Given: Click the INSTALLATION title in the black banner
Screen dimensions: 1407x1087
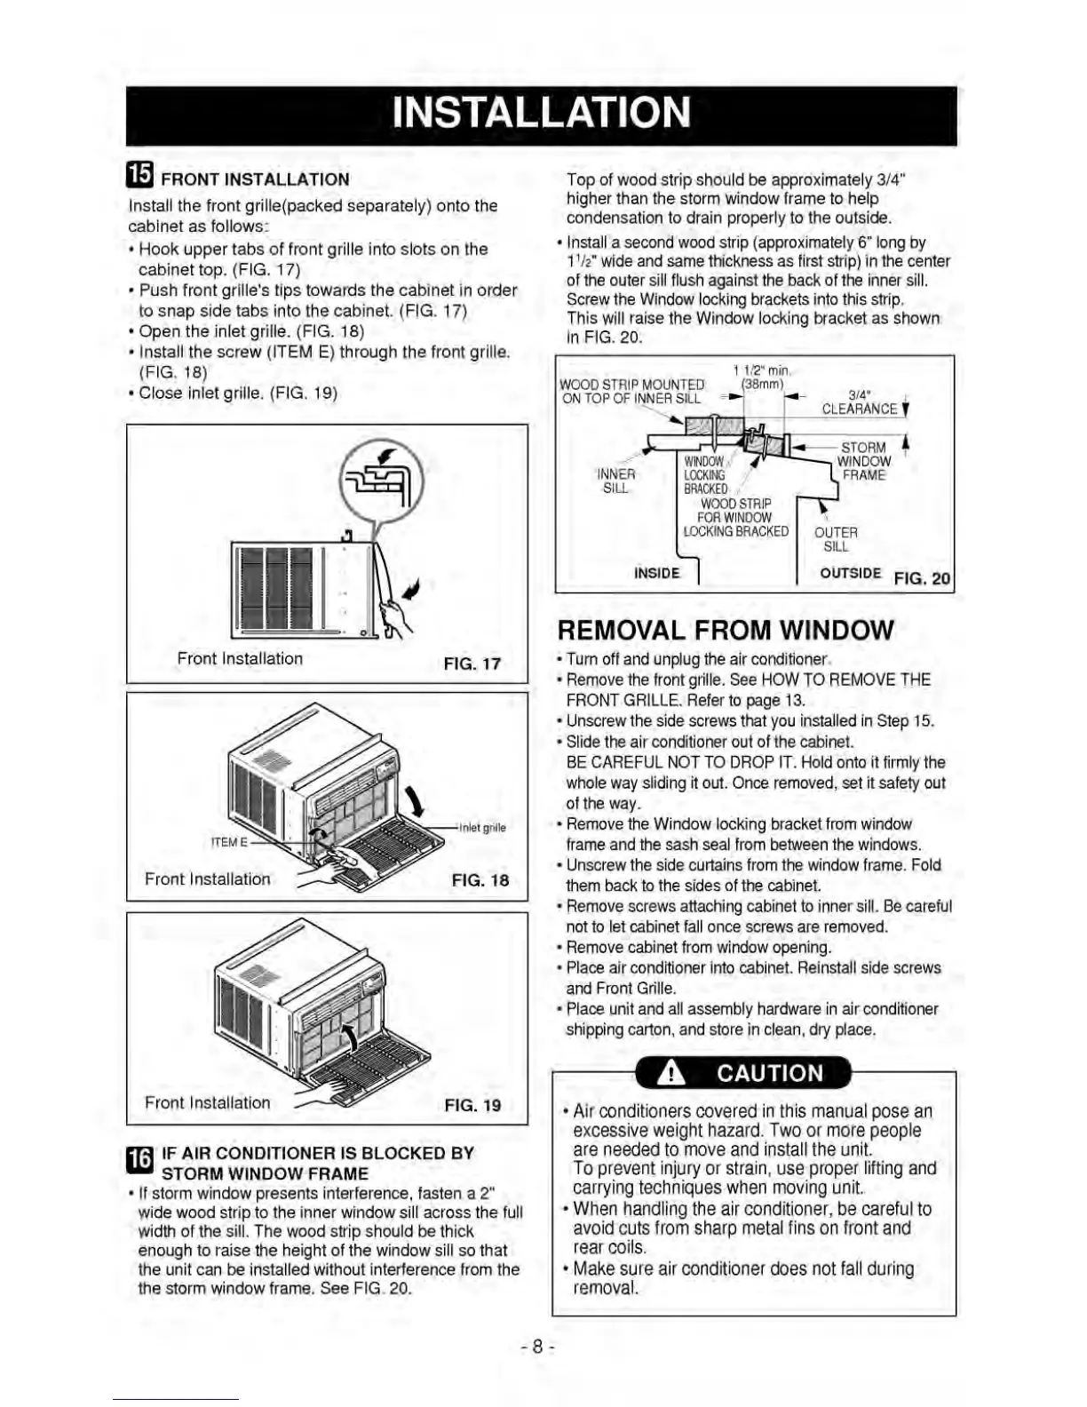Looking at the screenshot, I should (541, 113).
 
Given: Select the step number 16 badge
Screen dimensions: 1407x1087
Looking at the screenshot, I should (140, 1160).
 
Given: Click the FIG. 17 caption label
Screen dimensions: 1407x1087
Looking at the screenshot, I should (472, 664).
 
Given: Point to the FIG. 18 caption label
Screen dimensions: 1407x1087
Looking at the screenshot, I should (480, 880).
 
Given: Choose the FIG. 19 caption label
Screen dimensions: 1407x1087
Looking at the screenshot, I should (472, 1105).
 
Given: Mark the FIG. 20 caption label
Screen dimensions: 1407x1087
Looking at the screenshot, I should (922, 578).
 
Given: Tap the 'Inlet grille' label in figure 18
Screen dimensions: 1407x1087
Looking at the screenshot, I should (482, 828).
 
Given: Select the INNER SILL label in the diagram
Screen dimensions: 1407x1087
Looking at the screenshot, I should (616, 481).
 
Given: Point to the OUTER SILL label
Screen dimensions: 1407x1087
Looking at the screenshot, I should (836, 538).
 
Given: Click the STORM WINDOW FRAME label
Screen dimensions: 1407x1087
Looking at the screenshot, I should (863, 461).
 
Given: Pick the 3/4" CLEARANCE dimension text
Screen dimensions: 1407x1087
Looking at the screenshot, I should (859, 402).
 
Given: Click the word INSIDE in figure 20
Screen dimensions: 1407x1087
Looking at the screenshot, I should (657, 573).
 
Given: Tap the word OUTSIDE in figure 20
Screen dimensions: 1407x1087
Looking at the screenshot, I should (850, 573).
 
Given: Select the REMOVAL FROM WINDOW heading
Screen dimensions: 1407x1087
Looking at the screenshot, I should (726, 630).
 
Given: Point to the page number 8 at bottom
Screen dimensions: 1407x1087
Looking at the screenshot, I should (538, 1346).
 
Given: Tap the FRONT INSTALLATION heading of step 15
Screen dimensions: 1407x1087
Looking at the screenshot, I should (255, 179).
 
